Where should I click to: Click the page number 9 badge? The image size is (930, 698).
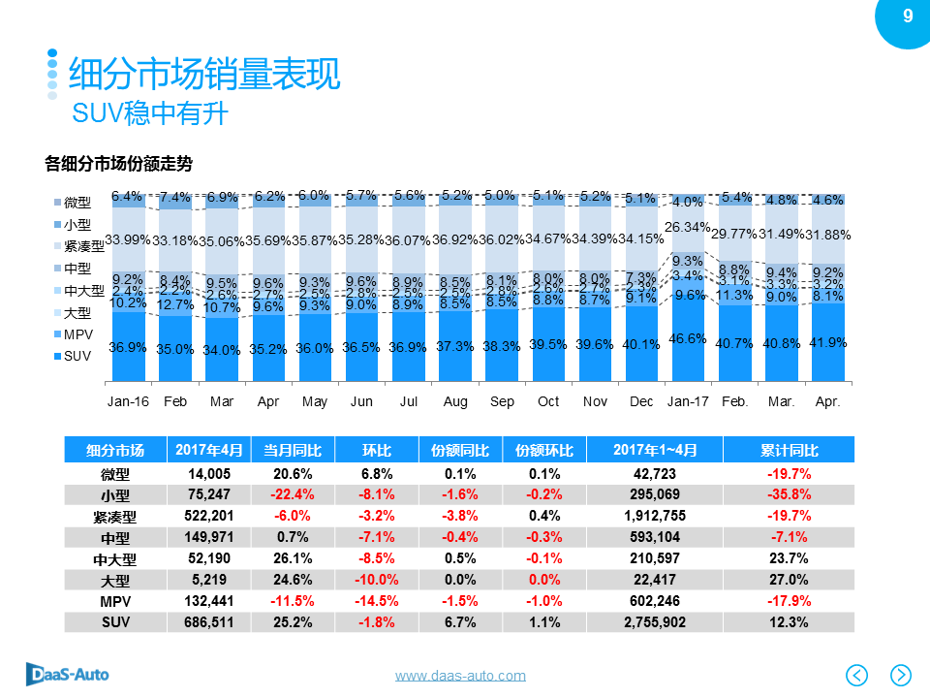(908, 16)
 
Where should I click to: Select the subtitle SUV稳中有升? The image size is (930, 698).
(150, 113)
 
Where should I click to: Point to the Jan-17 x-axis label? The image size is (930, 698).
(688, 401)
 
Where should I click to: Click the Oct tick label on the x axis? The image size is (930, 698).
(548, 401)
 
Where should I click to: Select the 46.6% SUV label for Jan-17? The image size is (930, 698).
(688, 338)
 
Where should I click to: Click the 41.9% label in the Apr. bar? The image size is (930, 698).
(827, 342)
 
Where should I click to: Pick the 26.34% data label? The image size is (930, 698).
(688, 227)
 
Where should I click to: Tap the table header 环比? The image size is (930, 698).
(377, 450)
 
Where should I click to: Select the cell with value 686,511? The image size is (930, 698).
(210, 621)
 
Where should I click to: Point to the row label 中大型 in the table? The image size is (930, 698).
(114, 558)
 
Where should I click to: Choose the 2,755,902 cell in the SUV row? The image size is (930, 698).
(655, 621)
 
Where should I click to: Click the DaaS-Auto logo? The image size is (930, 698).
(68, 673)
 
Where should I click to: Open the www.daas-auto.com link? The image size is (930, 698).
(460, 676)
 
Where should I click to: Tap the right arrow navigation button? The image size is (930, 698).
(900, 674)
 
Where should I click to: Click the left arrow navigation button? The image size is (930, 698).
(857, 674)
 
